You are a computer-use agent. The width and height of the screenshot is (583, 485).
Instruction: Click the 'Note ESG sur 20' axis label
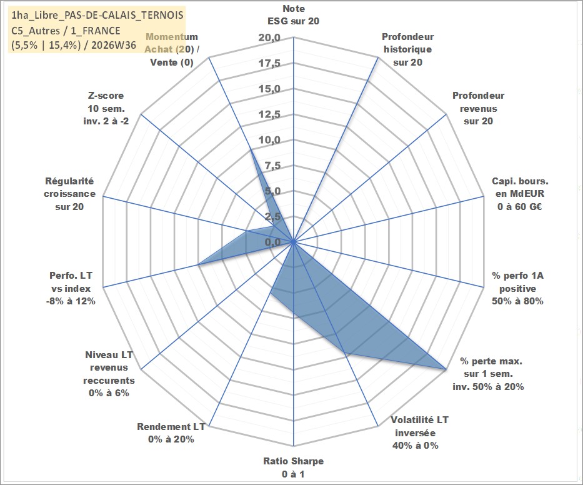coord(293,15)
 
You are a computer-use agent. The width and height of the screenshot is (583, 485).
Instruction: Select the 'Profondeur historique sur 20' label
coord(407,49)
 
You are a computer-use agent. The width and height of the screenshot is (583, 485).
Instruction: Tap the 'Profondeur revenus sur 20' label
coord(478,108)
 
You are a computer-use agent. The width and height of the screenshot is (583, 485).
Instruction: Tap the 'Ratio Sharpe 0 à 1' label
coord(293,467)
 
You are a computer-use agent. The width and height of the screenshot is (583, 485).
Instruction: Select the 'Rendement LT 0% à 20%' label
coord(171,433)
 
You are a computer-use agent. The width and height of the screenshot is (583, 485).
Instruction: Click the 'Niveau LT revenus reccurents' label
coord(109,374)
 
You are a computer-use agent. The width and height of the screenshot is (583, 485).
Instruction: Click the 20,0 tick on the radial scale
coord(269,38)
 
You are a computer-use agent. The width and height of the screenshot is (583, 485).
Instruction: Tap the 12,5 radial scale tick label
coord(269,114)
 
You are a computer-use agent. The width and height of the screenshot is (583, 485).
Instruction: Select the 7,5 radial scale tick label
coord(272,166)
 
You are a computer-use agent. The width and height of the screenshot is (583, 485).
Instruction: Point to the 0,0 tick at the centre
coord(272,242)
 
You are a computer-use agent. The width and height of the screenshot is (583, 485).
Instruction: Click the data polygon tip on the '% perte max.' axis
coord(446,369)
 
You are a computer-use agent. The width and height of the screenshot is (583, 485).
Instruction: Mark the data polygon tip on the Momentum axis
coord(251,150)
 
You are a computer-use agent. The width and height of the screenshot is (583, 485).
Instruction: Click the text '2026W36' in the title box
coord(114,45)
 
